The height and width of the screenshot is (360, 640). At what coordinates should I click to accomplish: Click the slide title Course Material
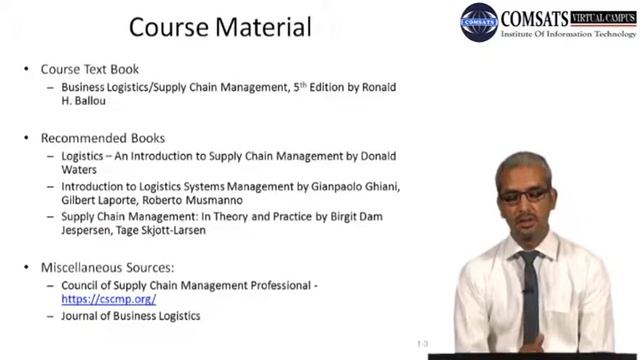(x=220, y=26)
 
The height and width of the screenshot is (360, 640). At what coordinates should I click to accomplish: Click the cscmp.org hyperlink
(x=108, y=299)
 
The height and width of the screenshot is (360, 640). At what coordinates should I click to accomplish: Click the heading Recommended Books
(x=102, y=138)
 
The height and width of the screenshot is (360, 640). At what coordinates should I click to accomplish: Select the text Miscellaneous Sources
(x=107, y=268)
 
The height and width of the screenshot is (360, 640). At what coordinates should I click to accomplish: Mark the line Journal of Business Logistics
(x=130, y=316)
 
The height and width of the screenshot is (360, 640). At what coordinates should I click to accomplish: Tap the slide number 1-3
(x=423, y=342)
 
